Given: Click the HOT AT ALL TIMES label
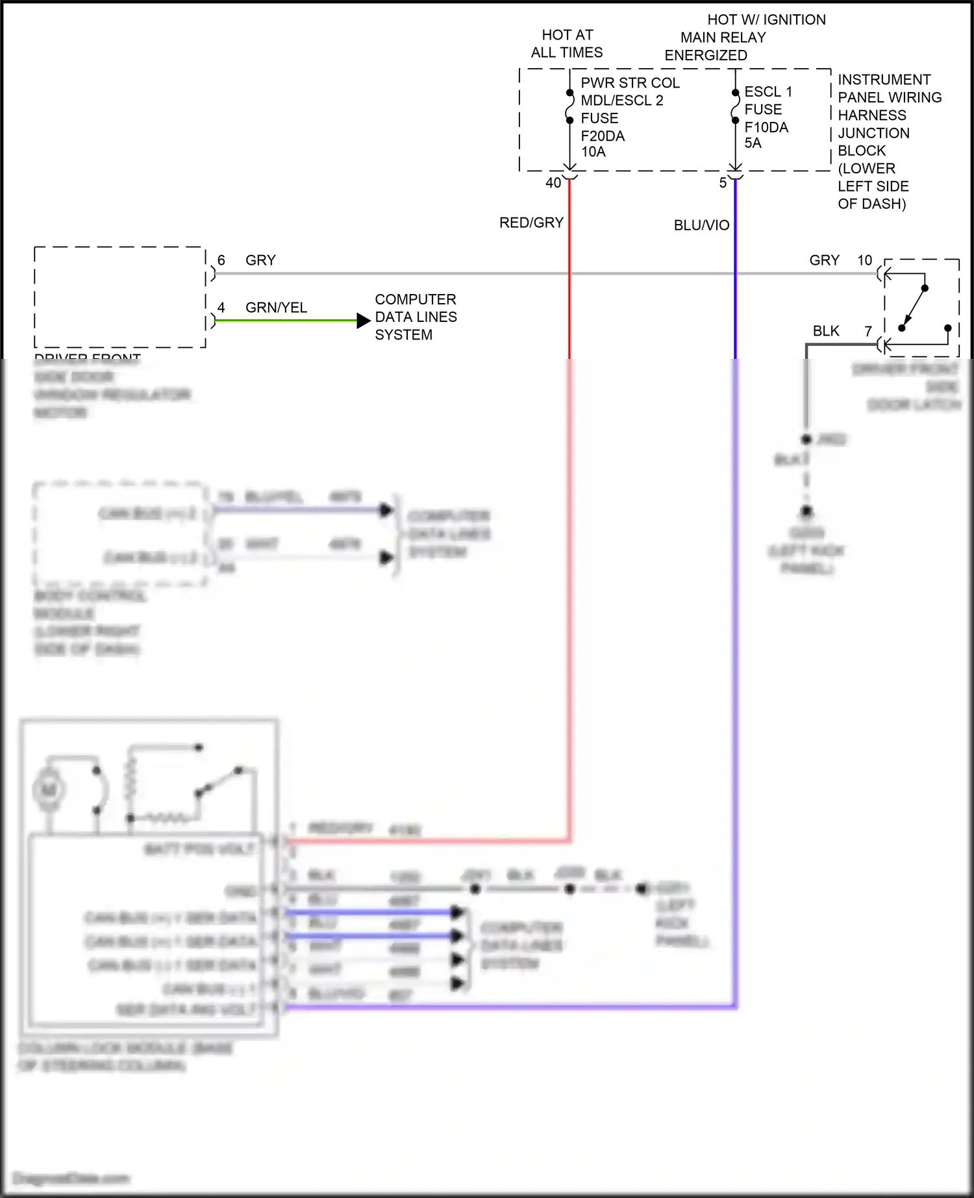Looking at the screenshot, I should [567, 43].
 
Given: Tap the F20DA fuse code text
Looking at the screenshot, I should [603, 136].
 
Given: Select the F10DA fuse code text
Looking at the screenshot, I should [766, 127].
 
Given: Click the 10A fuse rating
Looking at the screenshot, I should [593, 152].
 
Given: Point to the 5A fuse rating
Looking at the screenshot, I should [753, 143].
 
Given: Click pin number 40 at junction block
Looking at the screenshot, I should [553, 183].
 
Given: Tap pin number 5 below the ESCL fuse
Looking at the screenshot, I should [723, 183].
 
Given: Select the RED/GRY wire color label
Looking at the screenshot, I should [531, 223].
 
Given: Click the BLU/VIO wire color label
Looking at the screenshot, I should [701, 225].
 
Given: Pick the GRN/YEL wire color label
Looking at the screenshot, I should [276, 308].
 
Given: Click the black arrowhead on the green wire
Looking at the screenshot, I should [364, 321].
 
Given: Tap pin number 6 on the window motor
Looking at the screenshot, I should [221, 260].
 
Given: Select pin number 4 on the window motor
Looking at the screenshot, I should [221, 308].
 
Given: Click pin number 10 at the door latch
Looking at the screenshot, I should [864, 260].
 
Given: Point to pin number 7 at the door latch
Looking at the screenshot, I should [868, 331].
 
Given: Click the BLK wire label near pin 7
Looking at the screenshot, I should [826, 331].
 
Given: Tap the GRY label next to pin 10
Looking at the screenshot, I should [824, 260].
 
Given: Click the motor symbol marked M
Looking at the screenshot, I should [49, 790].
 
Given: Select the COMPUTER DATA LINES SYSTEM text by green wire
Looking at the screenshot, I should [416, 317].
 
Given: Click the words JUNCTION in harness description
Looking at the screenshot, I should [873, 133].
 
